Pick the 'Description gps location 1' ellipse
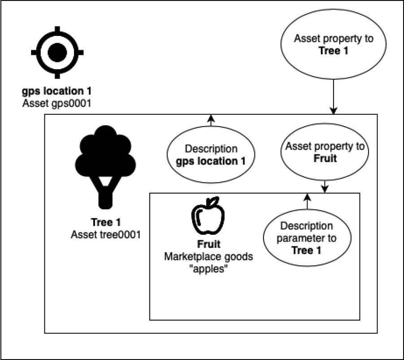[x=210, y=155]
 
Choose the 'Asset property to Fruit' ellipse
[x=325, y=153]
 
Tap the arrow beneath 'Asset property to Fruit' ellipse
[x=325, y=185]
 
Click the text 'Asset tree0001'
[x=104, y=233]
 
